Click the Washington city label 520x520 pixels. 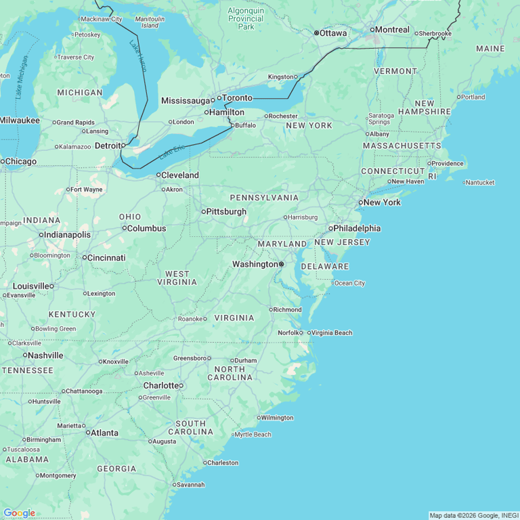click(x=255, y=264)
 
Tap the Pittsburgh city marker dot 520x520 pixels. click(x=203, y=212)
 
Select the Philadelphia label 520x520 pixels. click(x=357, y=228)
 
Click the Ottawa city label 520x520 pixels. click(x=333, y=32)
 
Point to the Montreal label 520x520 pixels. click(x=392, y=30)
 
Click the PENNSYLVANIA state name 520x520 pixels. click(x=264, y=198)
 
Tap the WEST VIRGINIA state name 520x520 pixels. click(x=177, y=278)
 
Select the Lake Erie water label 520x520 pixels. click(x=172, y=152)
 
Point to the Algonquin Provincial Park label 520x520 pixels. click(x=246, y=19)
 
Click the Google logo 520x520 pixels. click(x=19, y=513)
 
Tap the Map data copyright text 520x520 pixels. click(x=473, y=515)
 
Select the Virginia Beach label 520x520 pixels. click(x=332, y=332)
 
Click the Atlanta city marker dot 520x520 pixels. click(x=87, y=433)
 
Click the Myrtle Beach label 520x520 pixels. click(x=253, y=435)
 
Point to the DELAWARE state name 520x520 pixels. click(x=325, y=266)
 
